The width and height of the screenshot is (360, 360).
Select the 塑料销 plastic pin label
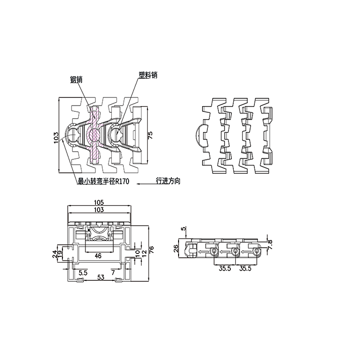point(148,75)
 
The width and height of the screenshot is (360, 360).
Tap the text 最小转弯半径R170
point(104,181)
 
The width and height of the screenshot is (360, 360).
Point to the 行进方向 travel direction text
point(168,181)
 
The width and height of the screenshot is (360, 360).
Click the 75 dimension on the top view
point(150,135)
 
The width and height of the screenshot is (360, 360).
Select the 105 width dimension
point(99,203)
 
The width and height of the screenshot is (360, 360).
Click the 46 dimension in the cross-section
point(98,256)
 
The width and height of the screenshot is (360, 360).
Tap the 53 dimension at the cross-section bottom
point(101,277)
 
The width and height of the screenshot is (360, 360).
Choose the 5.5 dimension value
point(83,273)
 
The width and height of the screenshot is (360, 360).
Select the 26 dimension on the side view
point(176,248)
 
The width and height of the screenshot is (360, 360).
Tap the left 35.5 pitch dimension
point(225,268)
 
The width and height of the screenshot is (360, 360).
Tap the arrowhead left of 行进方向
point(137,183)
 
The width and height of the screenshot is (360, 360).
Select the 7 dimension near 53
point(112,273)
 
